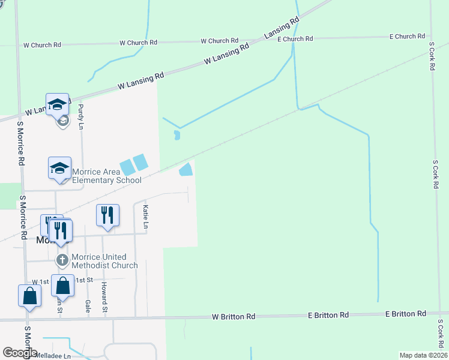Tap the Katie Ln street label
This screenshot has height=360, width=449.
tap(145, 217)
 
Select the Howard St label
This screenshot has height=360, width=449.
tap(104, 297)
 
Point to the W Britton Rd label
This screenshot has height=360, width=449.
tap(234, 316)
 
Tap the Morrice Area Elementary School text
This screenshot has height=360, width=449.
tap(107, 176)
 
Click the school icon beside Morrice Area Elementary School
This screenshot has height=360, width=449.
tap(60, 168)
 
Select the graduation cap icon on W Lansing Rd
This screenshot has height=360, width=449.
tap(57, 104)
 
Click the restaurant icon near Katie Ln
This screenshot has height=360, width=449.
tap(107, 215)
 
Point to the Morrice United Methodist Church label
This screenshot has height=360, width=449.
tap(104, 261)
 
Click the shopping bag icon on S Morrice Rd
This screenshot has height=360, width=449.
tap(29, 296)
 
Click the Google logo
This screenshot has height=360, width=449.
tap(20, 353)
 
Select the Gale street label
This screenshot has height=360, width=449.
tap(88, 306)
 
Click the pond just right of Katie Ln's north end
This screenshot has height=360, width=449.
tap(186, 170)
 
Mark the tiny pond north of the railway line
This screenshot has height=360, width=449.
tap(176, 135)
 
